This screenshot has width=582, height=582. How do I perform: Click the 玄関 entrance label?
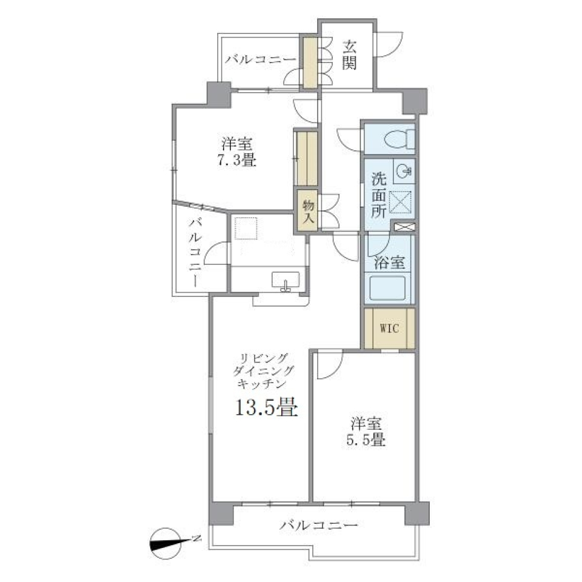coord(349,55)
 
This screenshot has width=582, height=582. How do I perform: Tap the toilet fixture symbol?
coord(400,139)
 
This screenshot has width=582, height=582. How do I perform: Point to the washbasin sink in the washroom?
coord(404,172)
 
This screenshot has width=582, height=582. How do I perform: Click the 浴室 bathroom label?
coord(389,263)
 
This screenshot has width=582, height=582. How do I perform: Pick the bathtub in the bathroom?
coord(387,288)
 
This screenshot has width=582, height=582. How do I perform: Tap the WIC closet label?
coord(389,328)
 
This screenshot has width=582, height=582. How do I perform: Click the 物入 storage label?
coord(309,211)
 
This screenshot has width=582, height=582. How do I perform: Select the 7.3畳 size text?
coord(237,160)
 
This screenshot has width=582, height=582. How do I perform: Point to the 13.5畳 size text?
coord(267,407)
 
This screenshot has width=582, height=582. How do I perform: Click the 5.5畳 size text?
coord(366,440)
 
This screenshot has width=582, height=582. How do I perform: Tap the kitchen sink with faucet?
coord(285,281)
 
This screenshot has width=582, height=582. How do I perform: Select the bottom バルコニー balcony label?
coord(318,525)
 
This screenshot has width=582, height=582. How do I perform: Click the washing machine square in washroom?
coord(400,202)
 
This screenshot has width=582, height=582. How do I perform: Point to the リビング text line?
coord(264,358)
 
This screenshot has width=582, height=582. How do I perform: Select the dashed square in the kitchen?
coord(246,228)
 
